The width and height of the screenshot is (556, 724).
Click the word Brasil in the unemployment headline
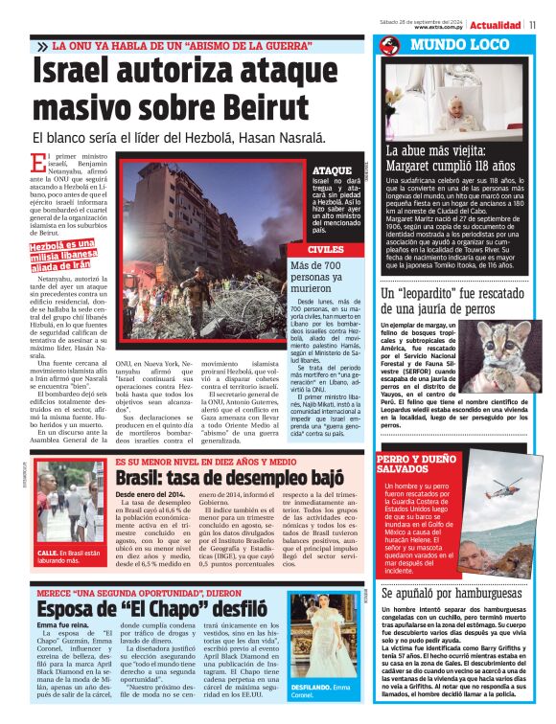[143, 477]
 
